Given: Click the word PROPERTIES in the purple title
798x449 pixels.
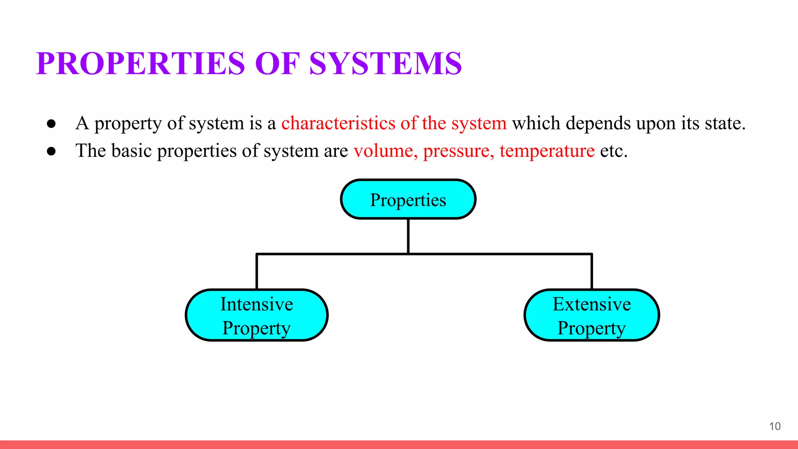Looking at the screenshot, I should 140,63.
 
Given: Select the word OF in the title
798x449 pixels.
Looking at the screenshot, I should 277,63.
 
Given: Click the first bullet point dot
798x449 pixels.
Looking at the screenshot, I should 51,124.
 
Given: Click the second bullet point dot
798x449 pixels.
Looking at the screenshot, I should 51,151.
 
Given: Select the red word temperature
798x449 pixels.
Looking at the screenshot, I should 547,151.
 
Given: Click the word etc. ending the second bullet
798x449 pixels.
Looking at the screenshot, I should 614,151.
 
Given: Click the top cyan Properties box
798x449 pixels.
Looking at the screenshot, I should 408,199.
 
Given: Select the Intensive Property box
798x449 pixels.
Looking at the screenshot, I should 257,315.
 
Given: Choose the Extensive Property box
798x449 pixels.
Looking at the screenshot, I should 591,315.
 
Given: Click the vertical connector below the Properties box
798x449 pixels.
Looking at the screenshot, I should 408,236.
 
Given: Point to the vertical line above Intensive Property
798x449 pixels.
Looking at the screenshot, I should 257,272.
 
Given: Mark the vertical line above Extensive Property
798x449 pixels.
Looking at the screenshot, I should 591,272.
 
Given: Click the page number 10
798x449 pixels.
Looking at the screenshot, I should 775,426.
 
